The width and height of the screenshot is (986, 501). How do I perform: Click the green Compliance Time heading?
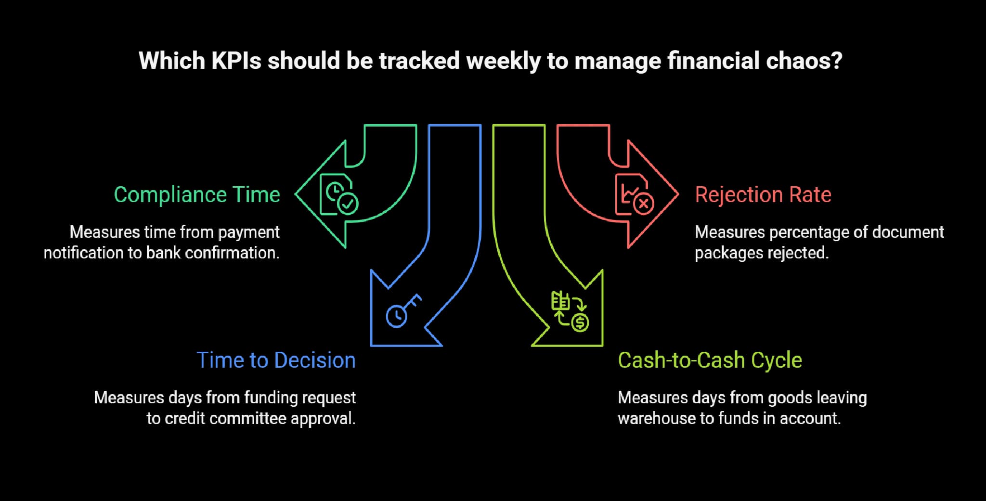pyautogui.click(x=196, y=195)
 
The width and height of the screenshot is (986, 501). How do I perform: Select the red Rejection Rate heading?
pyautogui.click(x=763, y=195)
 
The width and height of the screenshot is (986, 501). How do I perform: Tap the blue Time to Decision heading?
pyautogui.click(x=276, y=360)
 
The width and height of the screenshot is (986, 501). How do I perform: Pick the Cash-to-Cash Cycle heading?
pyautogui.click(x=710, y=360)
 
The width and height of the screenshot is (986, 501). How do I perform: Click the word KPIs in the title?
pyautogui.click(x=236, y=61)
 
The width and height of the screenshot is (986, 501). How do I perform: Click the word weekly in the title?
pyautogui.click(x=503, y=61)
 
